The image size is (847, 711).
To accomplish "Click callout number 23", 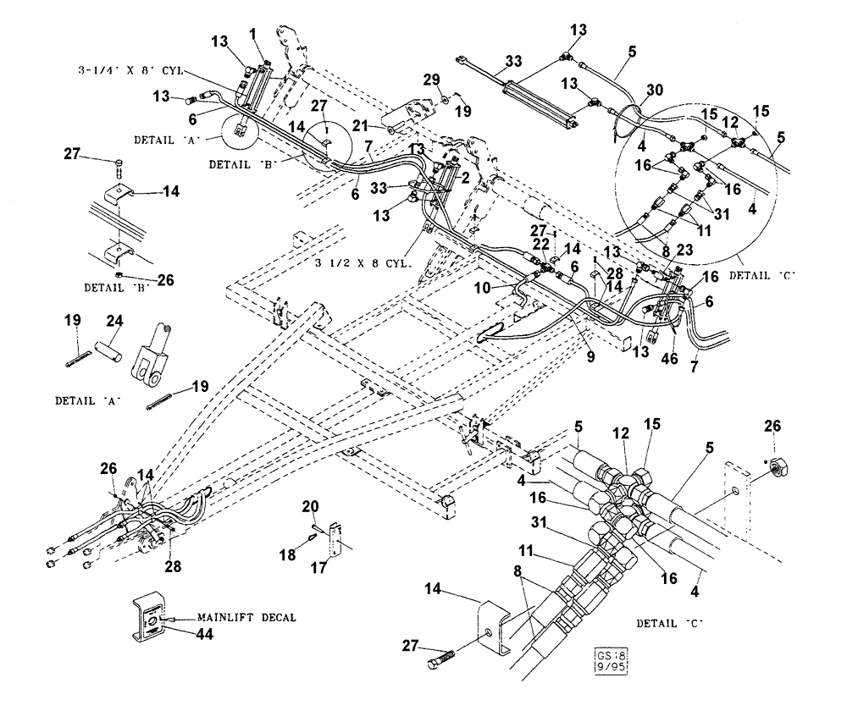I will pyautogui.click(x=685, y=250).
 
